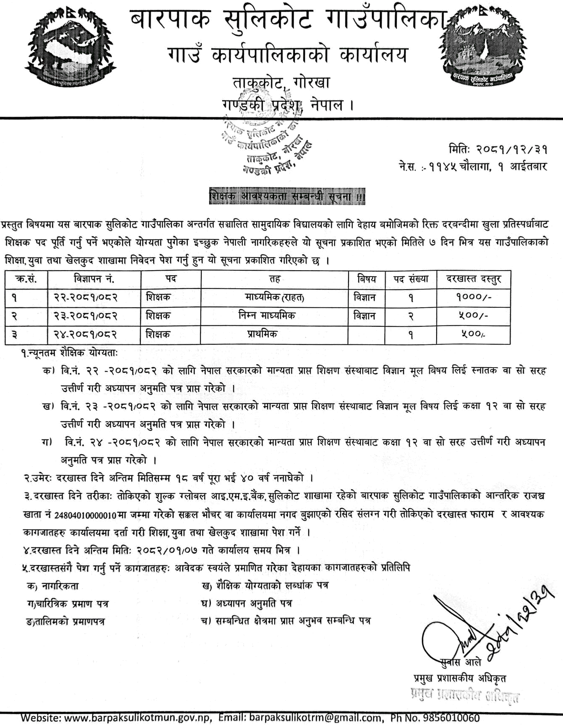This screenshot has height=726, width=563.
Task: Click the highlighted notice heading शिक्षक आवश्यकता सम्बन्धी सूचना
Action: [287, 196]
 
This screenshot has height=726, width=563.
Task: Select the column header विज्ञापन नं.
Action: [94, 279]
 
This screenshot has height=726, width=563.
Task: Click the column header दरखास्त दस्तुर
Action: [474, 279]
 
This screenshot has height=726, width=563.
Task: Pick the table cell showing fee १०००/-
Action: [474, 298]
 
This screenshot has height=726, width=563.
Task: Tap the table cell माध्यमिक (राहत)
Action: [274, 298]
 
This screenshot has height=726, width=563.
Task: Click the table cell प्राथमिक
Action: [262, 334]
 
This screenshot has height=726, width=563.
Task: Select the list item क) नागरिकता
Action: [52, 586]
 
